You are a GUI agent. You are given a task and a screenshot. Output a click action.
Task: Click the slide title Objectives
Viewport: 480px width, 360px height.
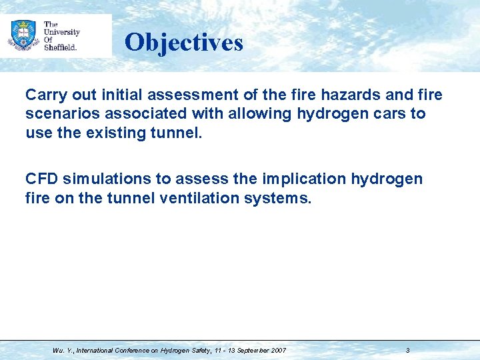coord(183,43)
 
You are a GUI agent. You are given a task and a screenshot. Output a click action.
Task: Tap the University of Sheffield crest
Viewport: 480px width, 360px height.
coord(23,34)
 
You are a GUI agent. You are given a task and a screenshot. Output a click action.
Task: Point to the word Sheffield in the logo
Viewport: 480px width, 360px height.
coord(61,47)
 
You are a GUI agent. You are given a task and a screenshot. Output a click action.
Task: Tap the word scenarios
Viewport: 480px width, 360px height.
coord(58,114)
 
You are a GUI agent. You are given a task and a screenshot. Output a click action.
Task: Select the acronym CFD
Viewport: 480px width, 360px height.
coord(41,179)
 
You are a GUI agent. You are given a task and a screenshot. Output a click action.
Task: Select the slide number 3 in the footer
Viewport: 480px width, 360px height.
coord(407,350)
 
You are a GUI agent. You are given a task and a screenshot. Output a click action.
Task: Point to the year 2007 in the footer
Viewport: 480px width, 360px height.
coord(278,350)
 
